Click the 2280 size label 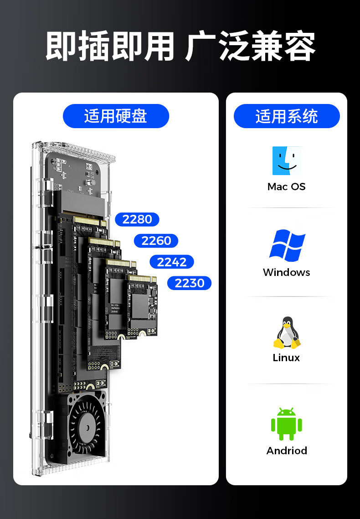[137, 219]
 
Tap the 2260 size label [156, 241]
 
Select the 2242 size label [172, 262]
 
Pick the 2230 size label [190, 283]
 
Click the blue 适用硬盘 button [116, 116]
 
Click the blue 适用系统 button [287, 116]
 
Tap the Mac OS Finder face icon [287, 161]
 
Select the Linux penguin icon [287, 332]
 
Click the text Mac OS [287, 187]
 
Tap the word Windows [287, 272]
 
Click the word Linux [287, 358]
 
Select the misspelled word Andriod [287, 451]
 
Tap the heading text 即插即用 [109, 47]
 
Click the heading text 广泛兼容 [250, 47]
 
